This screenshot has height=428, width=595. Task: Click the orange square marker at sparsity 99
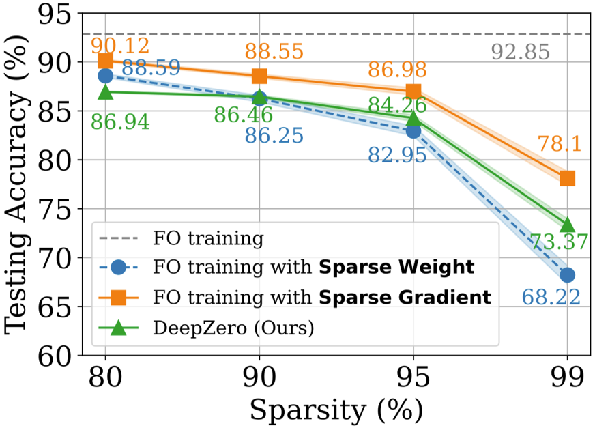(567, 178)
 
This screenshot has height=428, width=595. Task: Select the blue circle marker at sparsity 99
(567, 275)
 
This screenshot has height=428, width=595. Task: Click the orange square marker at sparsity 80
(106, 61)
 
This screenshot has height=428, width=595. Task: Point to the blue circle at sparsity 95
(413, 130)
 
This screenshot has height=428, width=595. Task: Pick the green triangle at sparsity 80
(106, 91)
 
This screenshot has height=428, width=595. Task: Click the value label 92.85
(520, 52)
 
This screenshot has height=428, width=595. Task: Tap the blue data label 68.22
(551, 297)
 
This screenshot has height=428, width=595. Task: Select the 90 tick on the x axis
(259, 376)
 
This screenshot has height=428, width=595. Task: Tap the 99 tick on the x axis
(567, 376)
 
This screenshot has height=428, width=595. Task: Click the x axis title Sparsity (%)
(336, 410)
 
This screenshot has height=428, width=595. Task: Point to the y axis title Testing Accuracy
(21, 184)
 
